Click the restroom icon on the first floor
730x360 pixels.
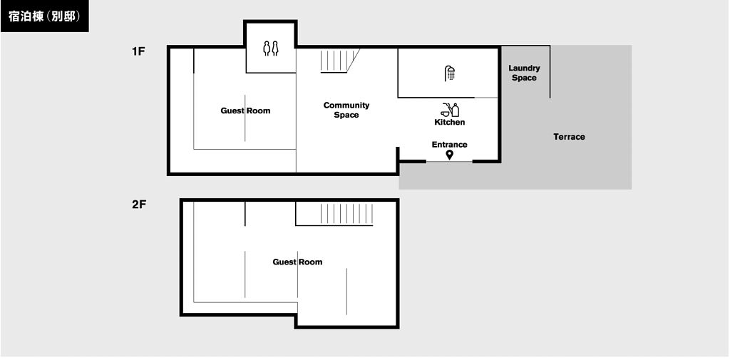point(270,48)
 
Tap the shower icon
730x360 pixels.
point(449,73)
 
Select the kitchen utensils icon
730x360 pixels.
point(449,110)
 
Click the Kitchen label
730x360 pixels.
point(450,122)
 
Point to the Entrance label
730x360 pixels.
point(449,145)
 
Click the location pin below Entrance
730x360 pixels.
point(449,155)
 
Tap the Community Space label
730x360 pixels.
point(346,110)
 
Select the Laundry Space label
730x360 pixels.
point(524,73)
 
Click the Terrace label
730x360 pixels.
point(570,137)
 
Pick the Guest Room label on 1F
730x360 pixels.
point(245,110)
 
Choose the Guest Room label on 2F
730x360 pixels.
point(297,262)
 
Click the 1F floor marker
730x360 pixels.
point(138,52)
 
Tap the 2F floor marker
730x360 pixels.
point(139,205)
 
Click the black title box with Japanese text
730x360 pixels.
point(45,16)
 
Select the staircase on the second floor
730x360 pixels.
point(347,214)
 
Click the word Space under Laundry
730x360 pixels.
point(524,78)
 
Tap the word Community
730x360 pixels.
point(346,106)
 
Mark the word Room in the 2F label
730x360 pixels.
point(312,262)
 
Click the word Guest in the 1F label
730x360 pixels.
point(232,110)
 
